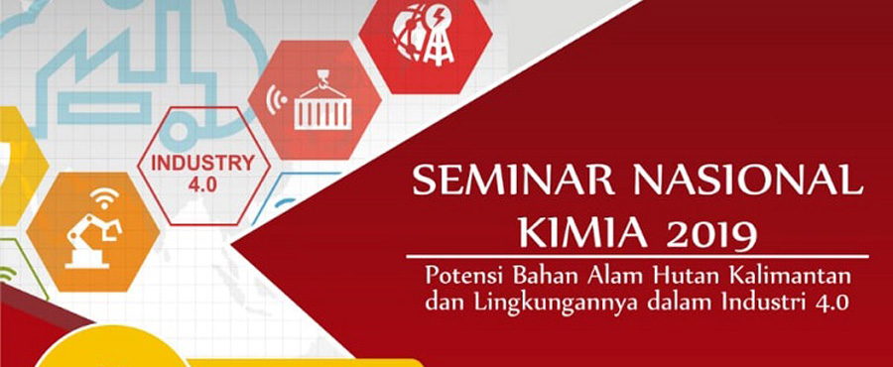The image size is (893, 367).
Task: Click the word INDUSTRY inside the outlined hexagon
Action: pyautogui.click(x=202, y=164)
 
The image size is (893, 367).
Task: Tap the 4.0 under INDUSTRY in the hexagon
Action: pyautogui.click(x=202, y=185)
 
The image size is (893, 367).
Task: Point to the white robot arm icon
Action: pyautogui.click(x=94, y=238)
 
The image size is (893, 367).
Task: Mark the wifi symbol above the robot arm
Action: pyautogui.click(x=104, y=196)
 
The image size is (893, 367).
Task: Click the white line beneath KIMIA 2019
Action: pyautogui.click(x=637, y=257)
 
